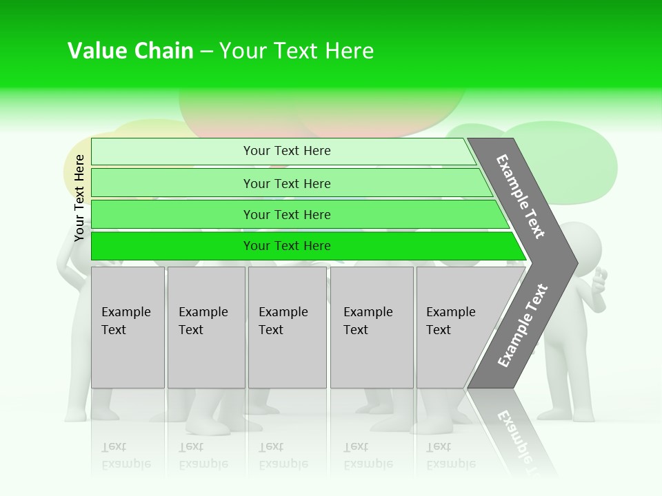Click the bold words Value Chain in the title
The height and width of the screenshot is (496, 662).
(x=130, y=51)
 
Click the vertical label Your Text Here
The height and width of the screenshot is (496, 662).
(x=79, y=198)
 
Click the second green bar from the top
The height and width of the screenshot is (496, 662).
(x=286, y=183)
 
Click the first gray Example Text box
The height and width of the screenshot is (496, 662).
(x=128, y=327)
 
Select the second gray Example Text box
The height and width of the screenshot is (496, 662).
(x=206, y=327)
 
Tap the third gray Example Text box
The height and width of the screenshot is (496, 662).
(x=287, y=327)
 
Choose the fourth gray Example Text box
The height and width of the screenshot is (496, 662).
(x=372, y=327)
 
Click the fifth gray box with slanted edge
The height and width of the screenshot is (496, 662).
(x=455, y=327)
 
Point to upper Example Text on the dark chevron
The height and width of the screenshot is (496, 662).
(x=521, y=196)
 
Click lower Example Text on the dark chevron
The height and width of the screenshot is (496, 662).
(x=523, y=325)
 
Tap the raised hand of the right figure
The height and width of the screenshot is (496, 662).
(x=599, y=280)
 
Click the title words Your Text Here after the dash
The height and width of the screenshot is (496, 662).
(x=297, y=51)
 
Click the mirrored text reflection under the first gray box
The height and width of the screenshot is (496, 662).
(x=126, y=455)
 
